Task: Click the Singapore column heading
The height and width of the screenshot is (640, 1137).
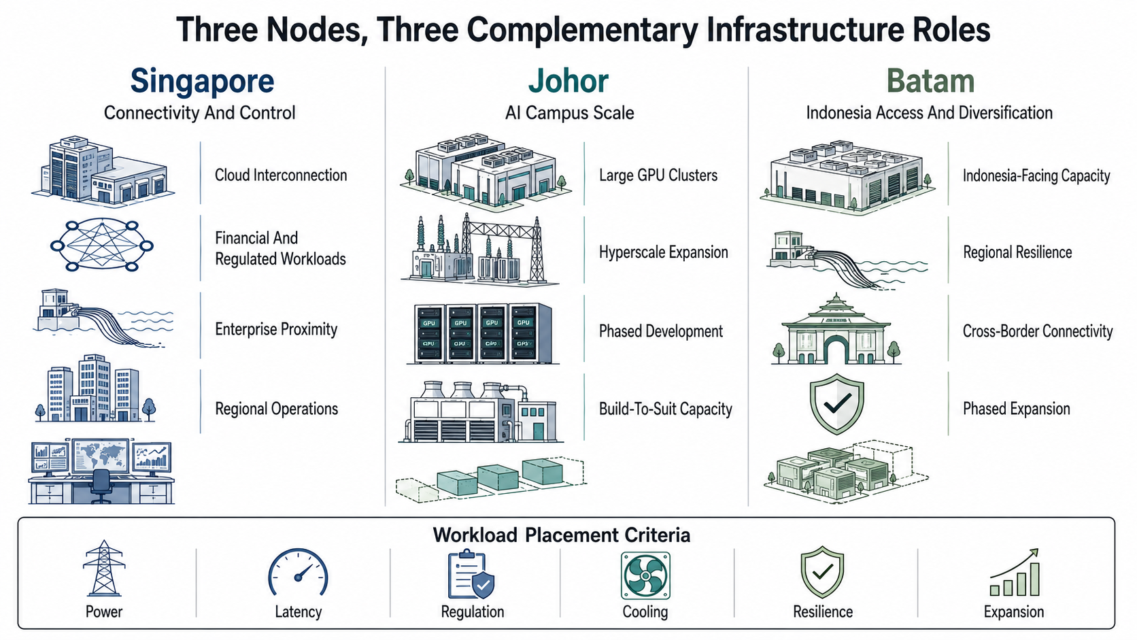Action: (202, 81)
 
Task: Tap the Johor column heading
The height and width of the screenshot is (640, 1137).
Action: (568, 81)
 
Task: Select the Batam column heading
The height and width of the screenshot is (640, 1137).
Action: (930, 81)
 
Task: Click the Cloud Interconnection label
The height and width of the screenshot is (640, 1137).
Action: (281, 175)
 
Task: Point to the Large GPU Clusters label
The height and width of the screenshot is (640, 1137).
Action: (658, 175)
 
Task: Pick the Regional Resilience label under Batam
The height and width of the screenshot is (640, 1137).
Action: (1017, 252)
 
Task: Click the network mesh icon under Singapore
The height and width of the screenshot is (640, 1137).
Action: (102, 246)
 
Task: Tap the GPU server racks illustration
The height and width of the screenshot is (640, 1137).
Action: (483, 333)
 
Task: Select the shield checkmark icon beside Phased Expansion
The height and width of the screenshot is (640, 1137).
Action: (836, 404)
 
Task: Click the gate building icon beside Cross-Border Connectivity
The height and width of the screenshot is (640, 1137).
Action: (836, 329)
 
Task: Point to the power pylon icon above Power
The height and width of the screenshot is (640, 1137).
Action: (104, 568)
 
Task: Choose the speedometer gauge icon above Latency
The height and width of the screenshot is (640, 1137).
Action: (298, 572)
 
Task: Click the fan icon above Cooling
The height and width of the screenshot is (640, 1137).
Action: (645, 575)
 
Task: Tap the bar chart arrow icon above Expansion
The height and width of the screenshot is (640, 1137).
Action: (1015, 572)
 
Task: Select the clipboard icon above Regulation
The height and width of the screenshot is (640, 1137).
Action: (471, 574)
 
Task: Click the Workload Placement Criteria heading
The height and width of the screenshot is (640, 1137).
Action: (562, 535)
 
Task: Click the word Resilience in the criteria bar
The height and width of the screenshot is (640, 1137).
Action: (823, 611)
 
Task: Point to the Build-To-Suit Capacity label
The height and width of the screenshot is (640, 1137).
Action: (666, 409)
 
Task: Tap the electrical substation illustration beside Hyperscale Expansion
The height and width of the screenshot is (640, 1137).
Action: (479, 249)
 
